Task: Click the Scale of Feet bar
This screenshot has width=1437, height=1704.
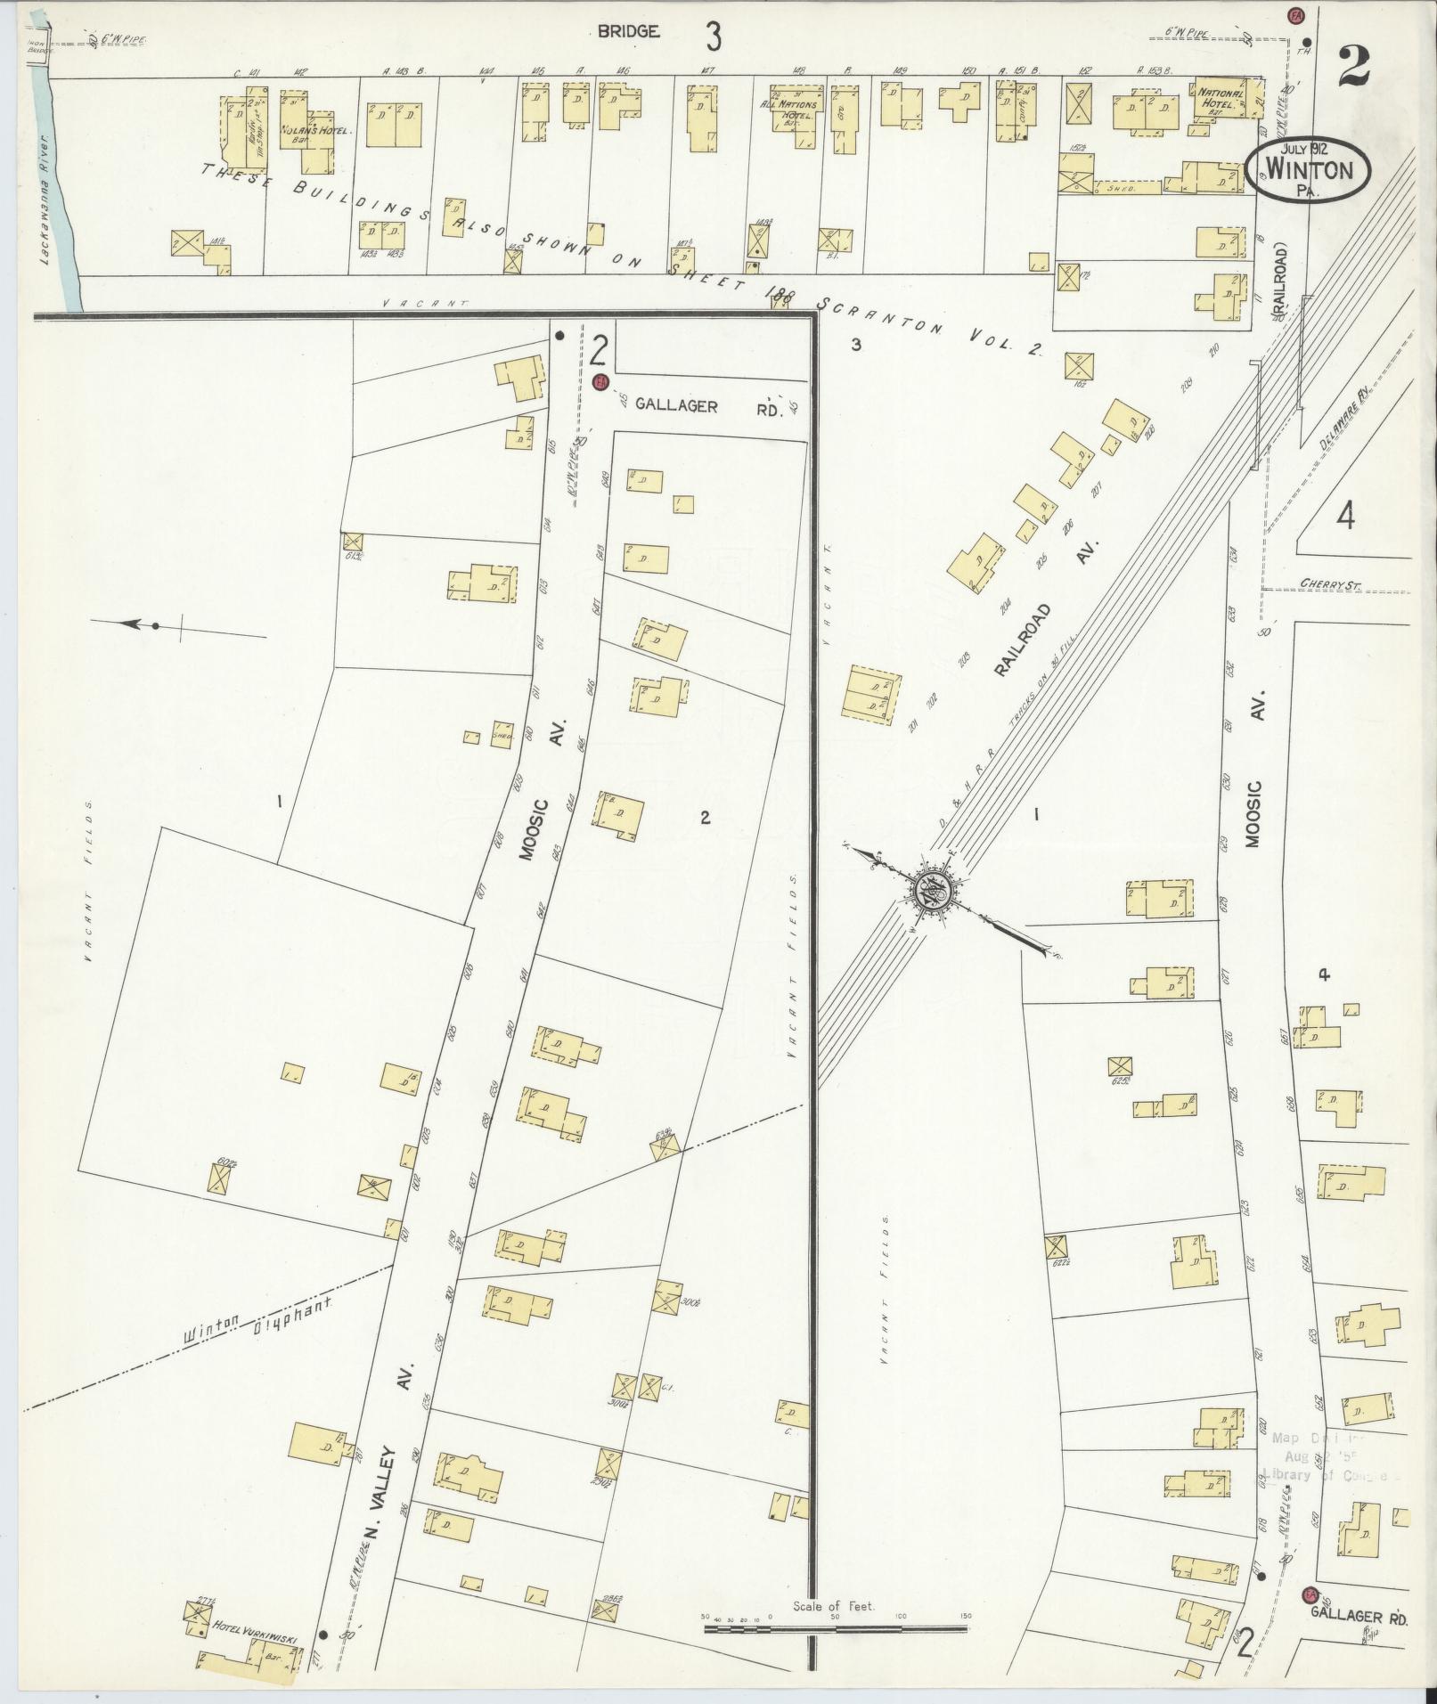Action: pyautogui.click(x=835, y=1627)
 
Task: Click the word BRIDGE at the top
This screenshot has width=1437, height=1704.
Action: pyautogui.click(x=628, y=33)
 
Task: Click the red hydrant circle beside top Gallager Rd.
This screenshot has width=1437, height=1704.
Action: pyautogui.click(x=600, y=382)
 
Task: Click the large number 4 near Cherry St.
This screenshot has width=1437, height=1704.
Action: pyautogui.click(x=1344, y=516)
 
